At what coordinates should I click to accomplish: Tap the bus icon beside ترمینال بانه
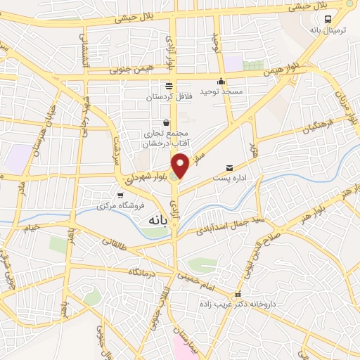point(328,18)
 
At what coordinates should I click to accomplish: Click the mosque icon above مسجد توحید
point(221,80)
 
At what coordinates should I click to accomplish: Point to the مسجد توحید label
point(221,91)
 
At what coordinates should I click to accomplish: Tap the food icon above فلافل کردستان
point(169,85)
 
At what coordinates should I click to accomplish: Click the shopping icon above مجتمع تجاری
point(166,121)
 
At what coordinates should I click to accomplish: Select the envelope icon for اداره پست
point(229,167)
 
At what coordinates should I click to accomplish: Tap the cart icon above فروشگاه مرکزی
point(120,195)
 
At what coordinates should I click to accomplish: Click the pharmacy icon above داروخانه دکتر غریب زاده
point(238,294)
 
